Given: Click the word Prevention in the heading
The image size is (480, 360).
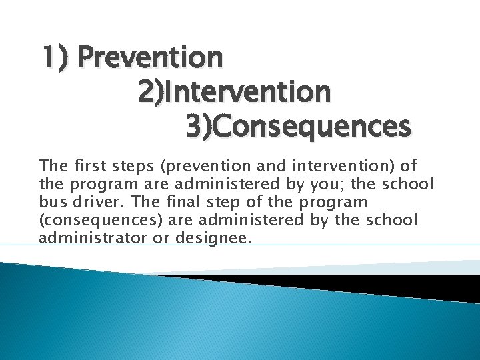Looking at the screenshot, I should tap(150, 58).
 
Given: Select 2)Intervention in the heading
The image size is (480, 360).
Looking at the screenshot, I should tap(234, 92).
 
